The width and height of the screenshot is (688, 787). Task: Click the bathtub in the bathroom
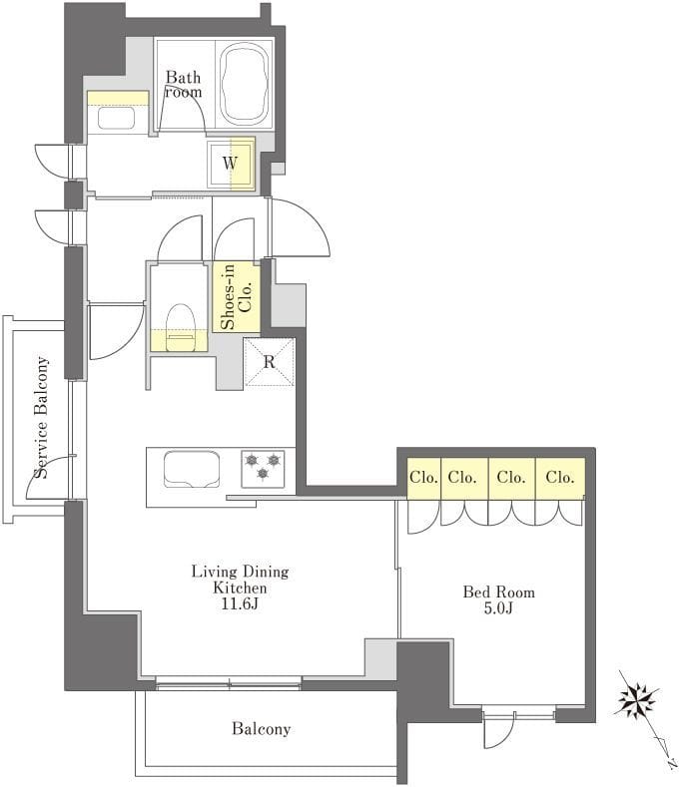pos(245,85)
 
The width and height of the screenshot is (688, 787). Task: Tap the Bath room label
pos(184,85)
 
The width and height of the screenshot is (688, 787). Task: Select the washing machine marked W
pos(231,164)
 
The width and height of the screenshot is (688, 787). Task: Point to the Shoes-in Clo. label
pos(237,296)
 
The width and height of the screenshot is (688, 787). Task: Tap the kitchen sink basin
pos(192,469)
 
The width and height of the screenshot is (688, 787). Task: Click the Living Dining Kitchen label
pos(241,580)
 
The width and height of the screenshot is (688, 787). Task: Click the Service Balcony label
pos(42,418)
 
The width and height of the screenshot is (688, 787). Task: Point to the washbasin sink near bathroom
pos(116,119)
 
